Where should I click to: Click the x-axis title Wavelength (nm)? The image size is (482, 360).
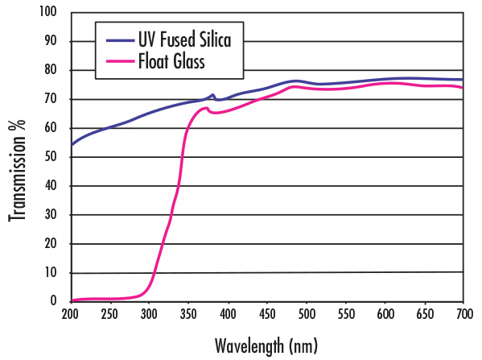[266, 346]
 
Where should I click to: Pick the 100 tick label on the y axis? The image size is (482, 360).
[49, 12]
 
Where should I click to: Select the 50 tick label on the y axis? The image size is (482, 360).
[52, 157]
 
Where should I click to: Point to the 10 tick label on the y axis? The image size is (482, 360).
[52, 273]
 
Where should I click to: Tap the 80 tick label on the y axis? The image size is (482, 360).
[52, 70]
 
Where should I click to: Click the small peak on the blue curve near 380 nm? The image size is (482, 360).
[212, 95]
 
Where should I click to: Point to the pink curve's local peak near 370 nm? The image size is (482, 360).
[206, 108]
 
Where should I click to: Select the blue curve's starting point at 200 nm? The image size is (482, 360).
[72, 145]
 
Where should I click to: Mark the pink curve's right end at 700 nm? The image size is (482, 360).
[463, 88]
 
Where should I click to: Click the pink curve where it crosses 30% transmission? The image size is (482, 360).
[171, 215]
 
